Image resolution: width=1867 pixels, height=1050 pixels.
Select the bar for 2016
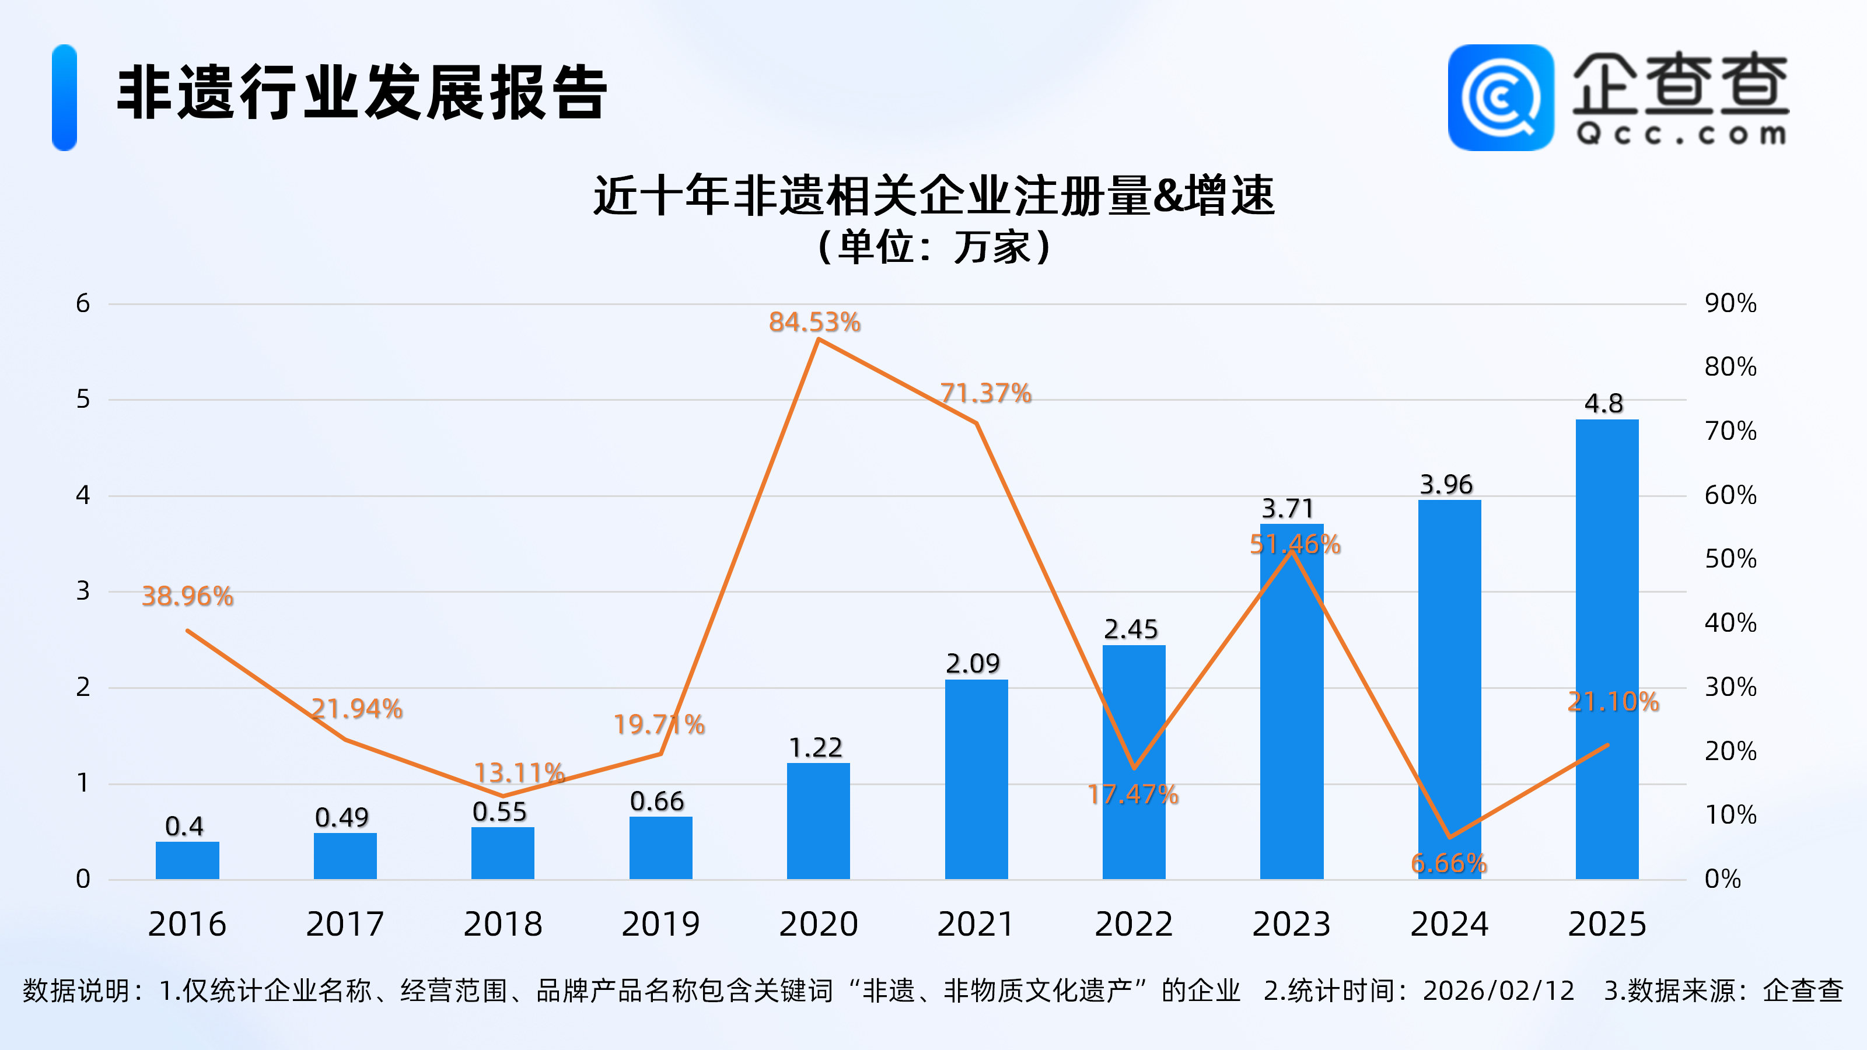pyautogui.click(x=187, y=860)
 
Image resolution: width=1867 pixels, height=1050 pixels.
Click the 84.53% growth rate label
pyautogui.click(x=814, y=323)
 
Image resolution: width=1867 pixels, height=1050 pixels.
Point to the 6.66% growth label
pyautogui.click(x=1448, y=863)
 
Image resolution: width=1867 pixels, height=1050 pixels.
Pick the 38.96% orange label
pyautogui.click(x=187, y=596)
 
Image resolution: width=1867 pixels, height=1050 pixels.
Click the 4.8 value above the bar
pyautogui.click(x=1603, y=404)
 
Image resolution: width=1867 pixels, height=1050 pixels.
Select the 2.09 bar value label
pyautogui.click(x=972, y=663)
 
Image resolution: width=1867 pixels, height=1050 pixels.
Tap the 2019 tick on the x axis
pyautogui.click(x=660, y=924)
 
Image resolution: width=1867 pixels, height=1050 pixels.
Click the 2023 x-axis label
pyautogui.click(x=1292, y=924)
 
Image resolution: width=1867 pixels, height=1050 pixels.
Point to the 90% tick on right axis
pyautogui.click(x=1730, y=303)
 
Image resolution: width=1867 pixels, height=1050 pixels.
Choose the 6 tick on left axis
pyautogui.click(x=83, y=303)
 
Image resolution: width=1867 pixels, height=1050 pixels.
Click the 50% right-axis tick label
pyautogui.click(x=1730, y=559)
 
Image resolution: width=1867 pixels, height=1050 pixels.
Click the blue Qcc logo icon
pyautogui.click(x=1500, y=98)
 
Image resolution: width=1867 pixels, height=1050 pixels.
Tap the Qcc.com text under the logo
pyautogui.click(x=1681, y=135)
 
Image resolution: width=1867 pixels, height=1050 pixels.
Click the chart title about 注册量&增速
pyautogui.click(x=934, y=195)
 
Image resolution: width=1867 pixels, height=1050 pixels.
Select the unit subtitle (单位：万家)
pyautogui.click(x=934, y=247)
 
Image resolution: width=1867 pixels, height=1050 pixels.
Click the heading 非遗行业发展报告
pyautogui.click(x=362, y=93)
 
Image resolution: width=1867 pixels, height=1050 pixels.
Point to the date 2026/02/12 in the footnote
pyautogui.click(x=1498, y=991)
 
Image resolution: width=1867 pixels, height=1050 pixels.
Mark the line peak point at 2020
pyautogui.click(x=818, y=339)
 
